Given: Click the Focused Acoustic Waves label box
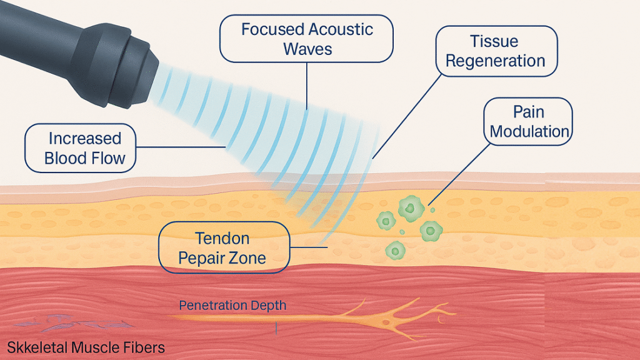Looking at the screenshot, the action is tap(306, 39).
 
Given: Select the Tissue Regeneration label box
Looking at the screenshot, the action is tap(496, 51).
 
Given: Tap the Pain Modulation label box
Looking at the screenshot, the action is tap(528, 122).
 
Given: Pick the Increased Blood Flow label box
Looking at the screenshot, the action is tap(81, 148).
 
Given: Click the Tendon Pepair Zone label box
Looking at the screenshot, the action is tap(224, 247).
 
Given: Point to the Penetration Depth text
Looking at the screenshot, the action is tap(232, 305).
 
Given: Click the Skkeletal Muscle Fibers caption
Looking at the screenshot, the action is tap(86, 347).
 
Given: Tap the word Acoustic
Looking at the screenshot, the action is tap(340, 29).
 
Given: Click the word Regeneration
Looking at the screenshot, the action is tap(495, 61).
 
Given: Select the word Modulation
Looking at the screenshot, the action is tap(529, 131).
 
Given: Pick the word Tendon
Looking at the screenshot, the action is tap(222, 238).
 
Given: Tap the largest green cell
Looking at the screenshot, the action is tap(411, 209).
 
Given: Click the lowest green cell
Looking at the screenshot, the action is tap(395, 250).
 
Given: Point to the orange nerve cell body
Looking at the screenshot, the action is tap(386, 322).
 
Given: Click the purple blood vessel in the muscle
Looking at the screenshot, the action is tap(74, 322).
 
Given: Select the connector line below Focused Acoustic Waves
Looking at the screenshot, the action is tap(307, 86).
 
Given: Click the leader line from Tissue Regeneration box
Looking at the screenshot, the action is tap(407, 117).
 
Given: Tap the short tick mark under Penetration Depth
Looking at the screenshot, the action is tap(276, 328).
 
